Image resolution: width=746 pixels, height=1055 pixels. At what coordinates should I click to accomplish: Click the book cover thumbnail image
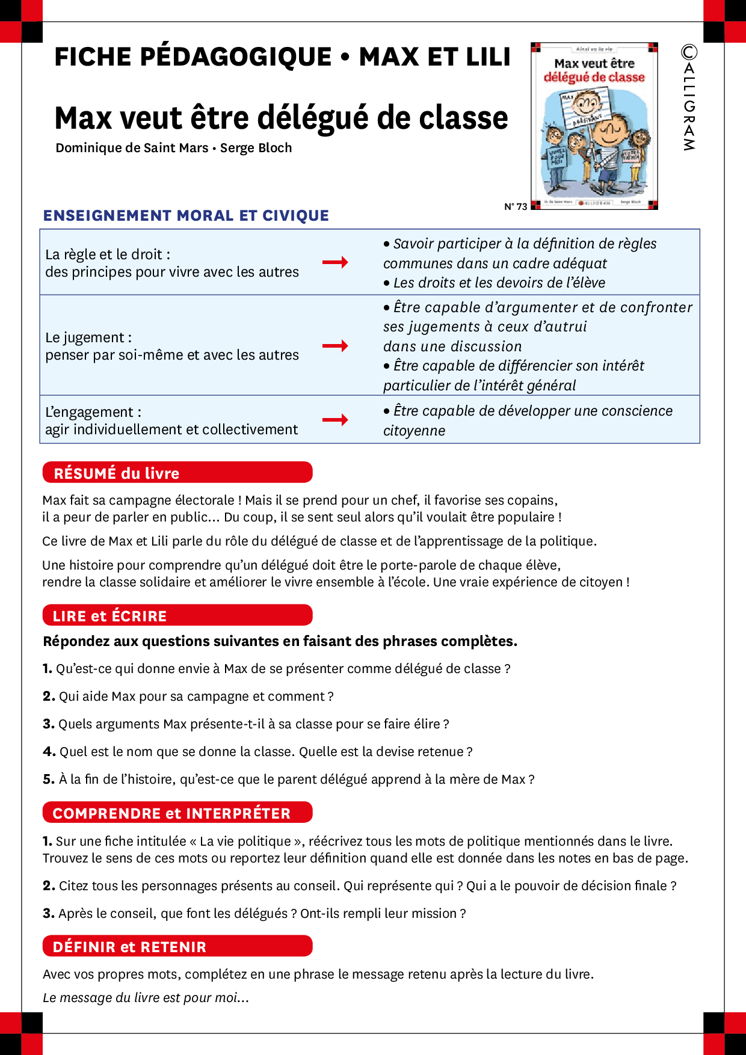[x=594, y=126]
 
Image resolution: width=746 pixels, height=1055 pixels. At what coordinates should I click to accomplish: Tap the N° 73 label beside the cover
[x=516, y=207]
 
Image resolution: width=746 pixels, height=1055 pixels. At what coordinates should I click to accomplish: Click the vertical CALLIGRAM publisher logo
[x=689, y=97]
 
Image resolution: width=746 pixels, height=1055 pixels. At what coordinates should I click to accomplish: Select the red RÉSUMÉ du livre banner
[x=177, y=473]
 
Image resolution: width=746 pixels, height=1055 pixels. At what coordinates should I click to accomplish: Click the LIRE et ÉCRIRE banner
[x=177, y=615]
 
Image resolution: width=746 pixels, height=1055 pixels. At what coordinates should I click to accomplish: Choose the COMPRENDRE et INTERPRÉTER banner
[x=177, y=813]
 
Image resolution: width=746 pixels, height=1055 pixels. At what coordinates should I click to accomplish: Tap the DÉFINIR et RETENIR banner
[x=177, y=946]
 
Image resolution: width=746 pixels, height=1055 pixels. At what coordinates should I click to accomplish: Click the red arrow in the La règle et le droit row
[x=335, y=262]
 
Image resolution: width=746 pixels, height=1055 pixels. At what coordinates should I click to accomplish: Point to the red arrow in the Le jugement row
[x=335, y=346]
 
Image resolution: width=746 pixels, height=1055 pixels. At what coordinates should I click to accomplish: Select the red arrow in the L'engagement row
[x=335, y=420]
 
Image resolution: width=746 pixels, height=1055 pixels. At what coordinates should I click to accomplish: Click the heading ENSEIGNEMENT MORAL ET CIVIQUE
[x=186, y=216]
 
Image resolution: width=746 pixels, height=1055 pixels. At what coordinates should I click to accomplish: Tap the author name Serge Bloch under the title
[x=256, y=148]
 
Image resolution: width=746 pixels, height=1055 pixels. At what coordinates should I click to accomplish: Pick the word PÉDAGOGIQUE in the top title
[x=235, y=57]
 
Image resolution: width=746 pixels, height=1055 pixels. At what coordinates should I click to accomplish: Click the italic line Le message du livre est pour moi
[x=146, y=998]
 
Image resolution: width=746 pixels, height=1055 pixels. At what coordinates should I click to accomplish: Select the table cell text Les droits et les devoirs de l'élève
[x=499, y=283]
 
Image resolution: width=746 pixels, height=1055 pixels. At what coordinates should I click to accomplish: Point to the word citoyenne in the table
[x=415, y=431]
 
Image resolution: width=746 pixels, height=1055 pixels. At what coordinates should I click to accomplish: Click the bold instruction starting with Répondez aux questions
[x=280, y=641]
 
